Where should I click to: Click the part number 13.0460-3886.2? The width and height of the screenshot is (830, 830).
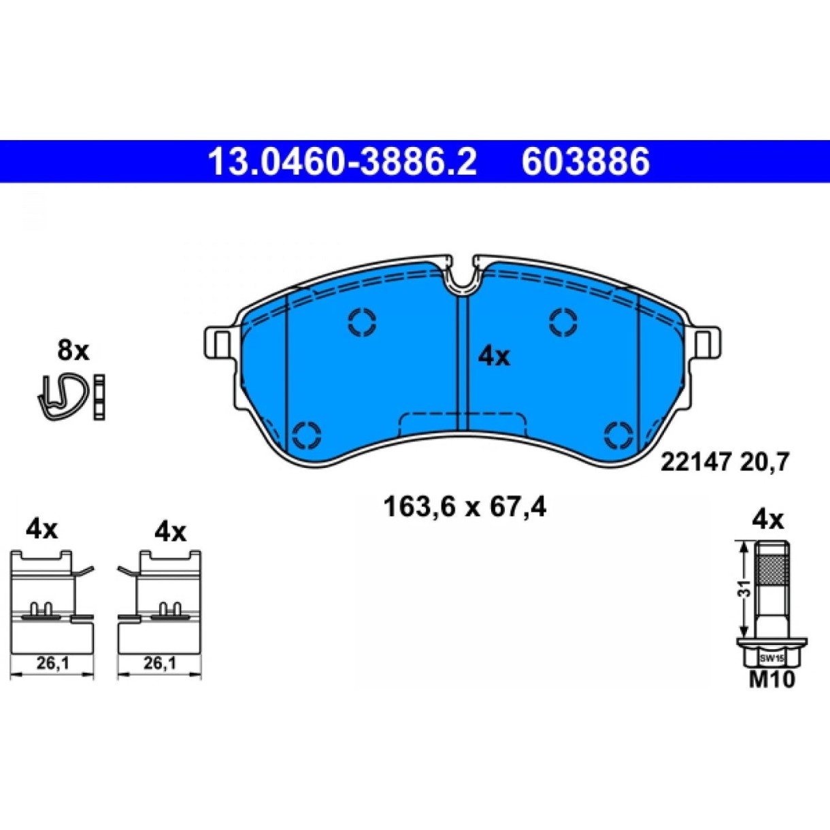pos(342,161)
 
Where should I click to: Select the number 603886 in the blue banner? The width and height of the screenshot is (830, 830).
pos(585,161)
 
